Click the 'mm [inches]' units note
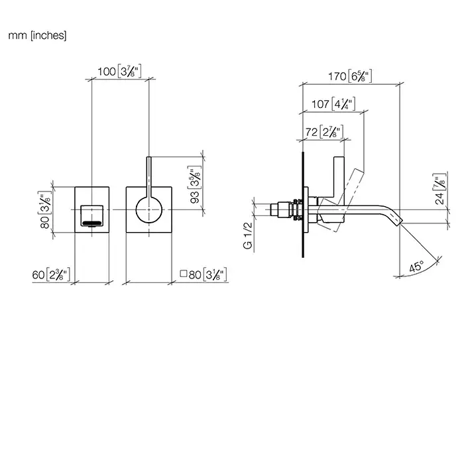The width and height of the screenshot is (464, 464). (37, 36)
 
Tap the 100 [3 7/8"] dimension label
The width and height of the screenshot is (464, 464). (119, 72)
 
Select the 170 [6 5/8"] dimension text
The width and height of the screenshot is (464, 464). (350, 76)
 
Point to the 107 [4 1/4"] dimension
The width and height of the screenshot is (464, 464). (333, 104)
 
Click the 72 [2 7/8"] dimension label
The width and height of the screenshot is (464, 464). (324, 132)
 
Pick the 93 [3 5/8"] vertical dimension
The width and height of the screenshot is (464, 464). (195, 185)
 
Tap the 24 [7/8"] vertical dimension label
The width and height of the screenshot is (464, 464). (440, 189)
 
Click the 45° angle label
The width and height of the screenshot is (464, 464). (416, 266)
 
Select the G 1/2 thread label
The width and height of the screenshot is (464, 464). (248, 235)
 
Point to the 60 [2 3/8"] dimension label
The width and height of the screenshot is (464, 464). (51, 275)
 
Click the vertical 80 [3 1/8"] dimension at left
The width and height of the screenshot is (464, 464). (45, 209)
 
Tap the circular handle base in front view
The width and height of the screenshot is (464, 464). (149, 209)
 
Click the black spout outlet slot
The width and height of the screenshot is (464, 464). (92, 223)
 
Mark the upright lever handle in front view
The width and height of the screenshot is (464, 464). (149, 177)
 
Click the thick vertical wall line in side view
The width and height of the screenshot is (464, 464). (303, 204)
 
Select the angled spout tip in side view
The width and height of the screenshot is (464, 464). (397, 221)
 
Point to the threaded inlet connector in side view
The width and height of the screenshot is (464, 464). (286, 209)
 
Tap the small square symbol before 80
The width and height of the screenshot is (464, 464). (184, 274)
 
